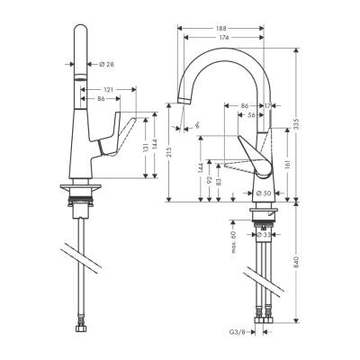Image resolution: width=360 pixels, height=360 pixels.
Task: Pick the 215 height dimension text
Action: (168, 152)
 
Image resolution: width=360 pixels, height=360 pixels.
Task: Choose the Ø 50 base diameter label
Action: (264, 193)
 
